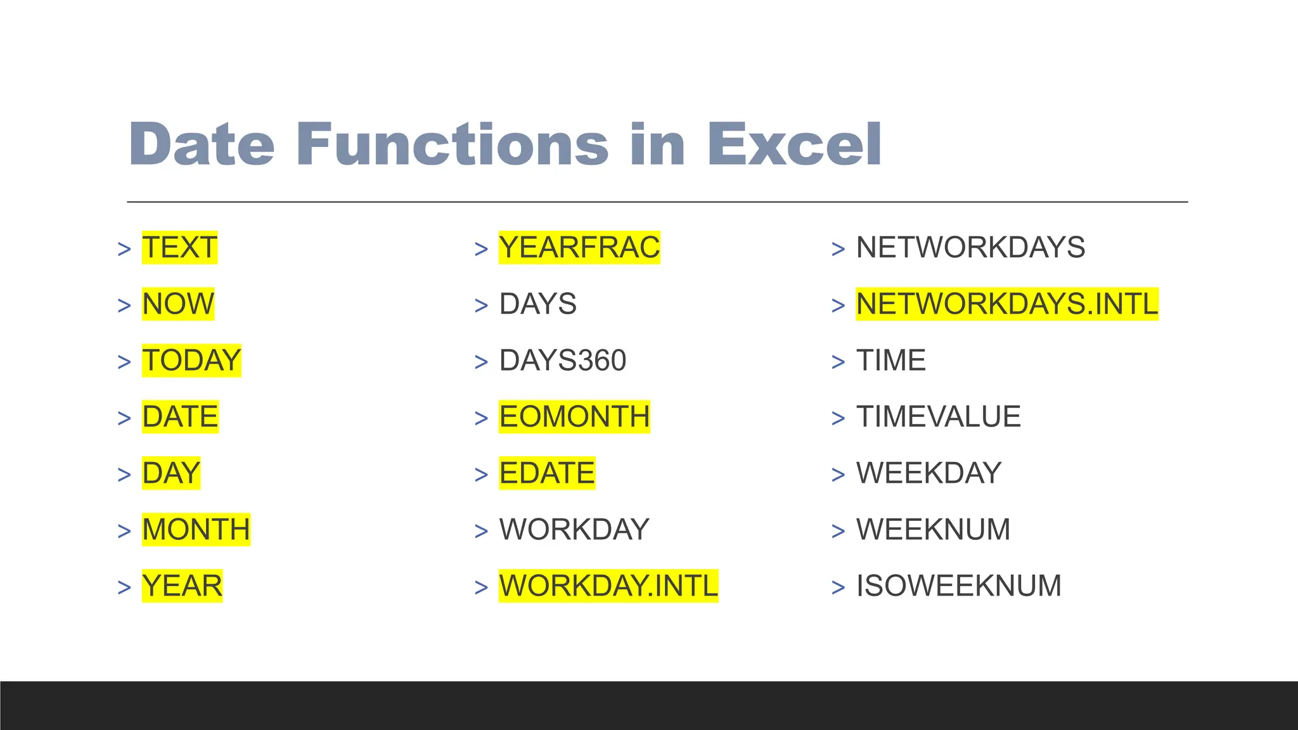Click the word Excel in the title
[x=794, y=144]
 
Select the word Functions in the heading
[x=452, y=144]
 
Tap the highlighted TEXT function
[x=179, y=247]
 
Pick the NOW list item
[x=178, y=304]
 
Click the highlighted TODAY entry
[x=191, y=360]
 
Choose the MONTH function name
[x=196, y=529]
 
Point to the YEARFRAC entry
[x=579, y=247]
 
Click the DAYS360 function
[x=562, y=360]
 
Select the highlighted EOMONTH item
[x=574, y=416]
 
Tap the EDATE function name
[x=547, y=473]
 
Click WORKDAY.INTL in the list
[x=608, y=586]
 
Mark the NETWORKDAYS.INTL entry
[x=1006, y=304]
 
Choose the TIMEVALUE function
[x=938, y=416]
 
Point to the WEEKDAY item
[x=929, y=473]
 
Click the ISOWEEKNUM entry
[x=958, y=586]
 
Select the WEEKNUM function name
[x=933, y=529]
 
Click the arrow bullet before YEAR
[x=124, y=587]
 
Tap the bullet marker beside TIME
[x=838, y=362]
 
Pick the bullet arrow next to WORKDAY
[x=481, y=531]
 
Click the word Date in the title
[x=202, y=144]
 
